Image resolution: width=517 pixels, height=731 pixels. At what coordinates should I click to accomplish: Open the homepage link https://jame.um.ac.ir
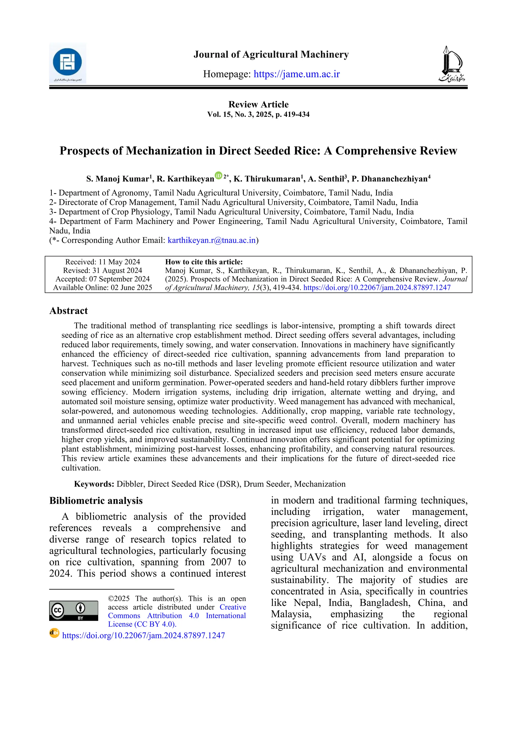click(297, 74)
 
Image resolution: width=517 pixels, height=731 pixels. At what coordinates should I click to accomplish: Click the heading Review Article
click(258, 104)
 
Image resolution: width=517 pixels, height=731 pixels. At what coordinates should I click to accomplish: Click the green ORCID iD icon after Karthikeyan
click(218, 175)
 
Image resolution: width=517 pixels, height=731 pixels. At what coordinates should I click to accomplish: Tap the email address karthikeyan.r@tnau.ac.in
click(212, 240)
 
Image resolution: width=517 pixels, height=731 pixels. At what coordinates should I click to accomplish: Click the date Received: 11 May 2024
click(102, 262)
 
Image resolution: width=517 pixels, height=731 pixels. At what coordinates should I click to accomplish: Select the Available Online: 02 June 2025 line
click(102, 288)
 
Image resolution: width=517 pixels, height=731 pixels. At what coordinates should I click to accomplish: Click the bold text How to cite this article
click(204, 262)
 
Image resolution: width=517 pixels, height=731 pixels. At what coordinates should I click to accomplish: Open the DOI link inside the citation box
click(377, 288)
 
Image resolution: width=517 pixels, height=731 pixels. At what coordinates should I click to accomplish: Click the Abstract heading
click(68, 311)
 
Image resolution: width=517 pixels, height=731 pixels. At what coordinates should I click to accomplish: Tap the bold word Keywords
click(94, 484)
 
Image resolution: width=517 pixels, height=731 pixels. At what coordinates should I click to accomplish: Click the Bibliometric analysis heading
click(96, 501)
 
